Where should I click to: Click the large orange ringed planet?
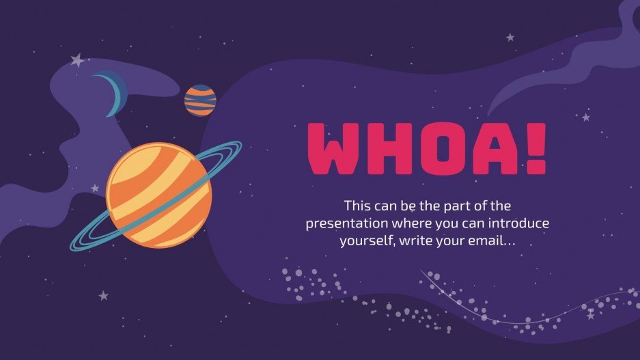(158, 194)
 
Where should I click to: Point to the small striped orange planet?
(200, 100)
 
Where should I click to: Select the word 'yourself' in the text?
(363, 241)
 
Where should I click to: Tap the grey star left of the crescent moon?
(77, 61)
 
